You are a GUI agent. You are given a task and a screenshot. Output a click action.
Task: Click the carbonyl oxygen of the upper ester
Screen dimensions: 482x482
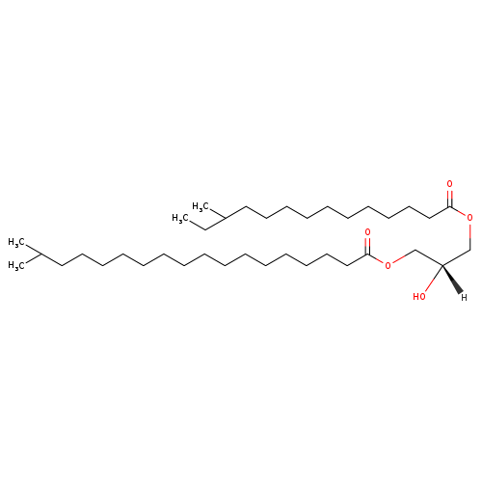[x=449, y=184]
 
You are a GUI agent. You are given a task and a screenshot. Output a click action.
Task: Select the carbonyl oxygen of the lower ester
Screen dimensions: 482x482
[x=367, y=231]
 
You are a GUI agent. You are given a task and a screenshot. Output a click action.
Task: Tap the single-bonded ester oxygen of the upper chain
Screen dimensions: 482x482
[x=470, y=218]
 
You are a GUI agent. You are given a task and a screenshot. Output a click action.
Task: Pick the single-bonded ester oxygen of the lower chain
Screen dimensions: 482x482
[x=388, y=265]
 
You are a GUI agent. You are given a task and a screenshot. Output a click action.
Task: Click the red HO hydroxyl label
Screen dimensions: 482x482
[x=419, y=296]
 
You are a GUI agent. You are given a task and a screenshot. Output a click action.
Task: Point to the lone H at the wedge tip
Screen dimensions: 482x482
[x=464, y=298]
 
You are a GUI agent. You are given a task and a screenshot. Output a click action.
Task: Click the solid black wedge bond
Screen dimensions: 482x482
[x=453, y=279]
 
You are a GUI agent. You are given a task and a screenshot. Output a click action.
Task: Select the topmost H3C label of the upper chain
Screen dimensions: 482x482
[x=201, y=206]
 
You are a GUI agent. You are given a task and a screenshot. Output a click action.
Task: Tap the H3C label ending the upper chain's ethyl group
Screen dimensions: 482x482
[x=180, y=218]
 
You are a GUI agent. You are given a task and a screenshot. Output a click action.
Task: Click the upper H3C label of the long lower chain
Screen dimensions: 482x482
[x=16, y=242]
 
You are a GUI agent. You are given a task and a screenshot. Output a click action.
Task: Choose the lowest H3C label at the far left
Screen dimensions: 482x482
[x=16, y=265]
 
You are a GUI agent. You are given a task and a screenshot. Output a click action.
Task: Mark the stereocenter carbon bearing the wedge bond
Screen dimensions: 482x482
[x=442, y=265]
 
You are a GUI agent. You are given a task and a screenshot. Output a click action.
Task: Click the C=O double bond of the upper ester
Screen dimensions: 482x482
[x=450, y=199]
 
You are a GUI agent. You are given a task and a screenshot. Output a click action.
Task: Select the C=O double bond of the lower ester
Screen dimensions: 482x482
[x=368, y=246]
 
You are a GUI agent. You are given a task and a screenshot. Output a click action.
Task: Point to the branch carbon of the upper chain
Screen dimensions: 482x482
[x=225, y=218]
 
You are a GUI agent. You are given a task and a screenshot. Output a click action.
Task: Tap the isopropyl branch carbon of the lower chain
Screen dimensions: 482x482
[x=40, y=254]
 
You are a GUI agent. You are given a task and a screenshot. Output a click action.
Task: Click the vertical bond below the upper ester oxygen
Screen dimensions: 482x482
[x=470, y=236]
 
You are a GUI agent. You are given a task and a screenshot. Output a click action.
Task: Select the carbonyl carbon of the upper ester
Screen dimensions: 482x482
[x=450, y=207]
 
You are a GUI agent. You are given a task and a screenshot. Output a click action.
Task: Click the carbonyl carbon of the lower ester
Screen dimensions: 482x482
[x=368, y=254]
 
